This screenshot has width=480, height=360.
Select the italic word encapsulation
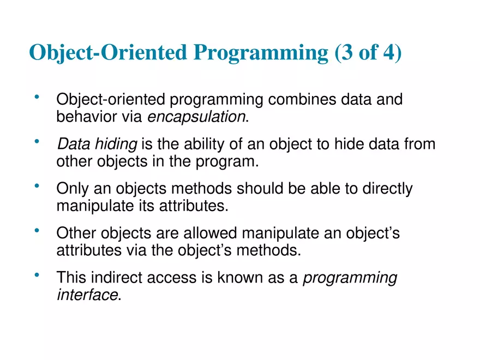(197, 116)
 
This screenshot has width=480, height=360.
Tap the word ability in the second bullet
(205, 144)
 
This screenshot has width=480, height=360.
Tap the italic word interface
(87, 295)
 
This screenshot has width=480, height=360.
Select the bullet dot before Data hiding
(37, 142)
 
